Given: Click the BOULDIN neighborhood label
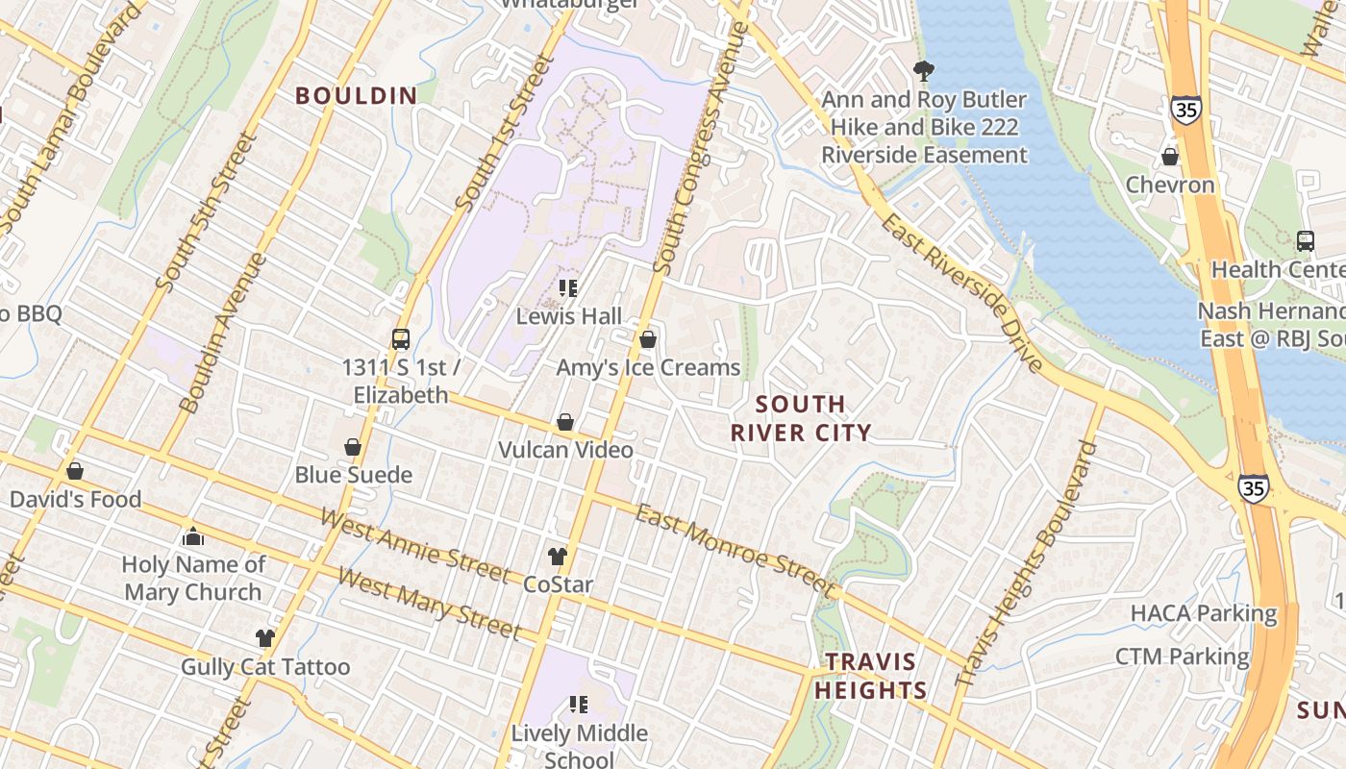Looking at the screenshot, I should pos(356,96).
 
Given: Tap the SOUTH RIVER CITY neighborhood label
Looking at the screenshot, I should pos(801,418).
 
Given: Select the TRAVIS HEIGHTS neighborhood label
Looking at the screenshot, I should pos(871,676).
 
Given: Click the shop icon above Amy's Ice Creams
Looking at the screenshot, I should pos(648,339).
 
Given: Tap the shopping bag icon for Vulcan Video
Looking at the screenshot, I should pos(565,422).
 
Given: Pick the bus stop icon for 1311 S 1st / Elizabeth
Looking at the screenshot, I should pos(401,338).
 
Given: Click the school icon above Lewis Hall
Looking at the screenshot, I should pos(568,287).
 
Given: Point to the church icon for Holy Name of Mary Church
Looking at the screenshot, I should pos(193,536).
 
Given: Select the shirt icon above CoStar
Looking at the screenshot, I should pos(558,556).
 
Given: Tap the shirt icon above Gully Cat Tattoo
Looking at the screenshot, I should pos(265,637).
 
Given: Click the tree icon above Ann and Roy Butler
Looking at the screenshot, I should pos(924,70).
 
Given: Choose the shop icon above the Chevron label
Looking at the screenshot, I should pos(1170,156).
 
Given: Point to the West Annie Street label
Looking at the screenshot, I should pos(415,547).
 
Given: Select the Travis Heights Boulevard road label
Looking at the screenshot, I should pos(1027,563).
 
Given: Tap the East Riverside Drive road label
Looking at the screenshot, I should pos(961,293).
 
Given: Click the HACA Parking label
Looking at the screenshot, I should pos(1203,613).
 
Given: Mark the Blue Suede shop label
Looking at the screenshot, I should pos(353,475).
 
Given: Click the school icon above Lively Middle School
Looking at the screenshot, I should pos(578,705).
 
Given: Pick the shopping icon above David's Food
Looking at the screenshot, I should pos(75,471).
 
